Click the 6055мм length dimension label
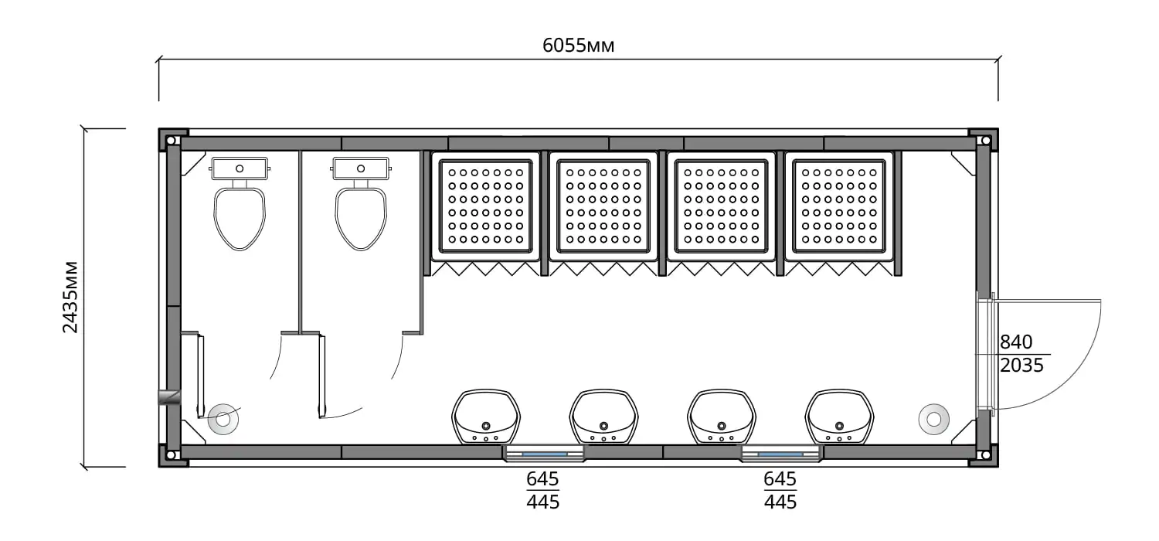tap(578, 46)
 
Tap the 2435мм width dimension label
tap(70, 297)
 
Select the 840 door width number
tap(1016, 342)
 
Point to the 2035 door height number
tap(1021, 365)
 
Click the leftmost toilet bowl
tap(240, 219)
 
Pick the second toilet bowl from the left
tap(361, 219)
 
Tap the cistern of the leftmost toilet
tap(240, 168)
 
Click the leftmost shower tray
tap(485, 206)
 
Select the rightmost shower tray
tap(838, 206)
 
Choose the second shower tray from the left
tap(603, 206)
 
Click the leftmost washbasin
tap(486, 417)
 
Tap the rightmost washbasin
tap(839, 417)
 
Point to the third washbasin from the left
tap(722, 417)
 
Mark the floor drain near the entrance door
tap(934, 420)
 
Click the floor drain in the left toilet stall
tap(223, 420)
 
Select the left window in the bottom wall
tap(544, 454)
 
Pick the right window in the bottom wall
tap(780, 454)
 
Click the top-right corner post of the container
tap(984, 140)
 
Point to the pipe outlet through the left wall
tap(169, 397)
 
